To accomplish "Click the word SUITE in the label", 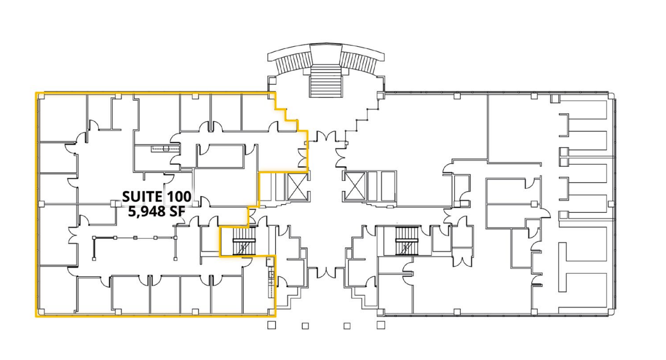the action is pos(142,197).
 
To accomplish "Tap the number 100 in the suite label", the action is pos(179,197).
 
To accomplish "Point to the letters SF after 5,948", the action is pos(177,211).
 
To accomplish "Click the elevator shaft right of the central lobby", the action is pos(355,186).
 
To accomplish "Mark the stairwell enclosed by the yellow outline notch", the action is pos(244,241).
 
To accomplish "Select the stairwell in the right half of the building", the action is pos(407,241).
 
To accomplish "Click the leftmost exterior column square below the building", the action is pos(272,325).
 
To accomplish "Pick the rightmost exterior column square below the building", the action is pos(381,325).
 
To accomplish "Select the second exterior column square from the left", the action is pos(305,326).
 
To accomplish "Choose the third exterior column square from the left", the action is pos(347,326).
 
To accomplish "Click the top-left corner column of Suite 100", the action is pos(41,96).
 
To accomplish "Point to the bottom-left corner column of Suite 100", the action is pos(41,312).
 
